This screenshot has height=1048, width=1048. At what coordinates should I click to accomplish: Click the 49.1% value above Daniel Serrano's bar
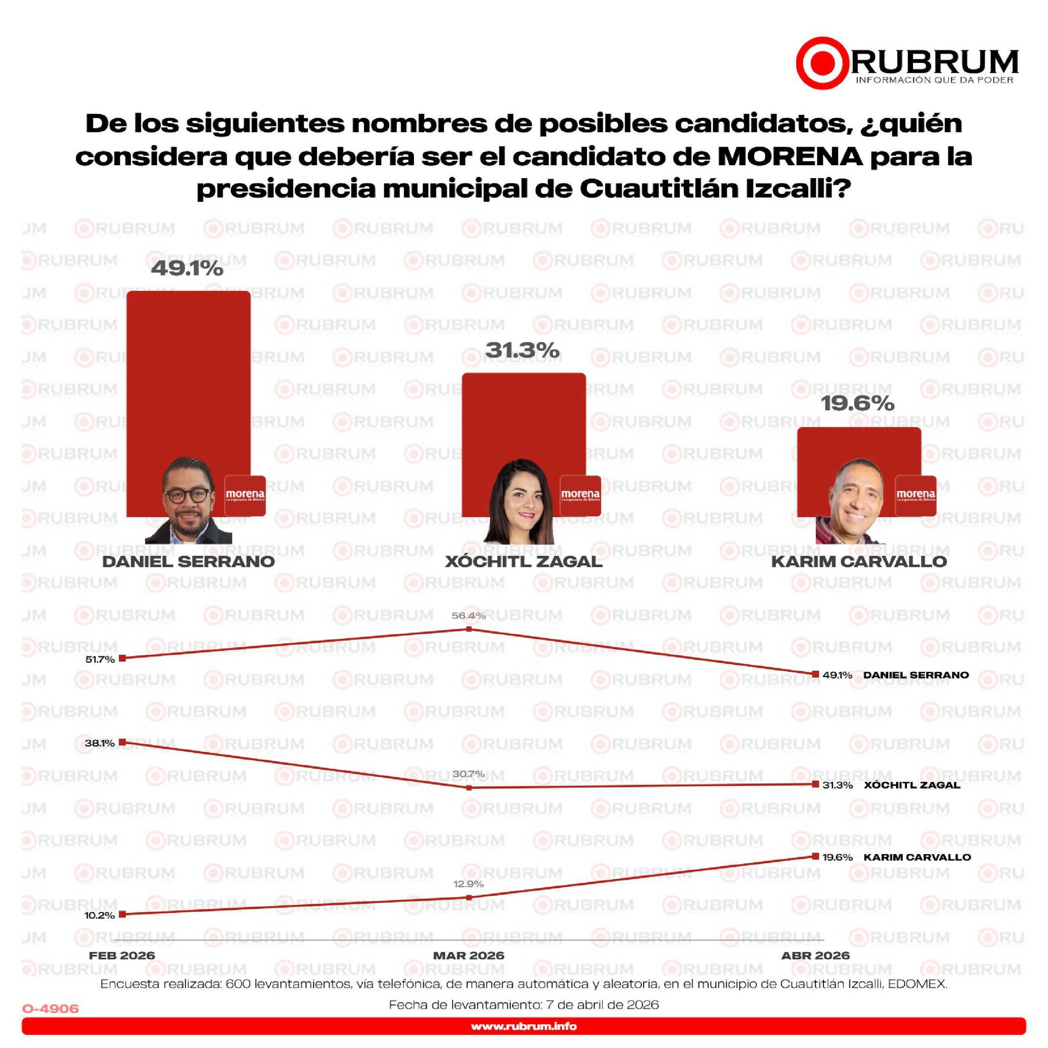[187, 268]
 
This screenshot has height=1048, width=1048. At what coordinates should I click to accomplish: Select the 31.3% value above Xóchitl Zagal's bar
[522, 350]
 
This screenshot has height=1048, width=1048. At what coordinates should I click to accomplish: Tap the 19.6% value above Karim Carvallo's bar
[858, 403]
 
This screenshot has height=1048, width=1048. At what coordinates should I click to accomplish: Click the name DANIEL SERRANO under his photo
[189, 561]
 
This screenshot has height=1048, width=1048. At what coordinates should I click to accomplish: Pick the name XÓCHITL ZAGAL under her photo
[524, 561]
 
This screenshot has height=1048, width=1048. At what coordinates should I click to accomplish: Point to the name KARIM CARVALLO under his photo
[859, 561]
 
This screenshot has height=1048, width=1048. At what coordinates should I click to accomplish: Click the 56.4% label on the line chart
[469, 616]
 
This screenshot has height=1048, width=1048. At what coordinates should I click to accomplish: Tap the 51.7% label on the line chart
[100, 659]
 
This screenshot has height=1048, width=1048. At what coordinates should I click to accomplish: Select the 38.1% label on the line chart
[100, 743]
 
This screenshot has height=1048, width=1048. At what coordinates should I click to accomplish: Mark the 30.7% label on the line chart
[469, 774]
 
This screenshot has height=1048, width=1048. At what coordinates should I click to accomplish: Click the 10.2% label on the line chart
[100, 915]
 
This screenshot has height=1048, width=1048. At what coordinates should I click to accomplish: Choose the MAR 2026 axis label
[469, 955]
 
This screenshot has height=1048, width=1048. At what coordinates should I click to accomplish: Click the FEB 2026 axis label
[122, 955]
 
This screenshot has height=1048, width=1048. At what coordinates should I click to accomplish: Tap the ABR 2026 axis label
[815, 955]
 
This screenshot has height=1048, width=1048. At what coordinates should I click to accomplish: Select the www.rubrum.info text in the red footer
[524, 1027]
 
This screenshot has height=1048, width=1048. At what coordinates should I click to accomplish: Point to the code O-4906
[51, 1009]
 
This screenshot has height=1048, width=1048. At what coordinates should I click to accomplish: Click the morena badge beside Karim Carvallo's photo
[915, 496]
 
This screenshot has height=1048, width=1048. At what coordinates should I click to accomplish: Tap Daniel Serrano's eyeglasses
[187, 495]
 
